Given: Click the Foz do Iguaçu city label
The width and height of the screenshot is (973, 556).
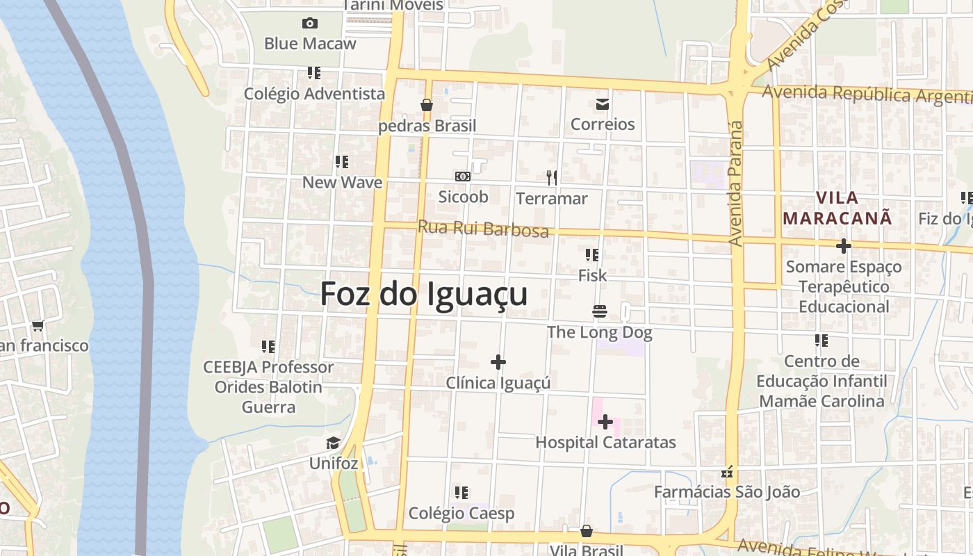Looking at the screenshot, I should click(x=423, y=294).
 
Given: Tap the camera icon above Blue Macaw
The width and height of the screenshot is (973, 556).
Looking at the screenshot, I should click(x=310, y=24).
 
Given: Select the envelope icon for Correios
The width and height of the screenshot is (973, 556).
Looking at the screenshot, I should click(x=602, y=105).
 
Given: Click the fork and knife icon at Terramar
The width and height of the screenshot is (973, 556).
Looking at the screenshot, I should click(x=552, y=178).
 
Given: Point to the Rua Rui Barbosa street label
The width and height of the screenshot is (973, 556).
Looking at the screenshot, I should click(x=483, y=229).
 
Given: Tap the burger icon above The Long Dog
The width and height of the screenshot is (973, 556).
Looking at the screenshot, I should click(x=600, y=311).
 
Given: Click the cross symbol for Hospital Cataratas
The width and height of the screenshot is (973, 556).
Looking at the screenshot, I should click(x=605, y=422).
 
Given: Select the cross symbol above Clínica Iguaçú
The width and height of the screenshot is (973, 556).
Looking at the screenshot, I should click(x=498, y=362).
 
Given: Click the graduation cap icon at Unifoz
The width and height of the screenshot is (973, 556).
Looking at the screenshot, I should click(x=334, y=443).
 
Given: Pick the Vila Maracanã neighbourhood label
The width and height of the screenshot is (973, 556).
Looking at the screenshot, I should click(x=837, y=208).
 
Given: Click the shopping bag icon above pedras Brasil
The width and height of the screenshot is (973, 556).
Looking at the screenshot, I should click(x=427, y=105).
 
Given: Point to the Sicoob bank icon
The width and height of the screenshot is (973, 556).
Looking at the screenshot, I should click(x=463, y=177).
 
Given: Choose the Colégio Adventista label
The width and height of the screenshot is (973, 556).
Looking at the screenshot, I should click(x=314, y=93).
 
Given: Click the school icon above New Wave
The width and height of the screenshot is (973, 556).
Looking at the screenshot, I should click(x=341, y=162).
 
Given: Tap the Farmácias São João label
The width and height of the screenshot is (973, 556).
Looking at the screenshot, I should click(x=727, y=492).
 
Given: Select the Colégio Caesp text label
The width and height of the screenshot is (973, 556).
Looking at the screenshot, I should click(x=461, y=514).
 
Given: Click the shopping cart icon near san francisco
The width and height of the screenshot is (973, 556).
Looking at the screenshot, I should click(x=38, y=325).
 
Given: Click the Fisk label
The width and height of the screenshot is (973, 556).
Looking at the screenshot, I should click(x=592, y=276).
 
